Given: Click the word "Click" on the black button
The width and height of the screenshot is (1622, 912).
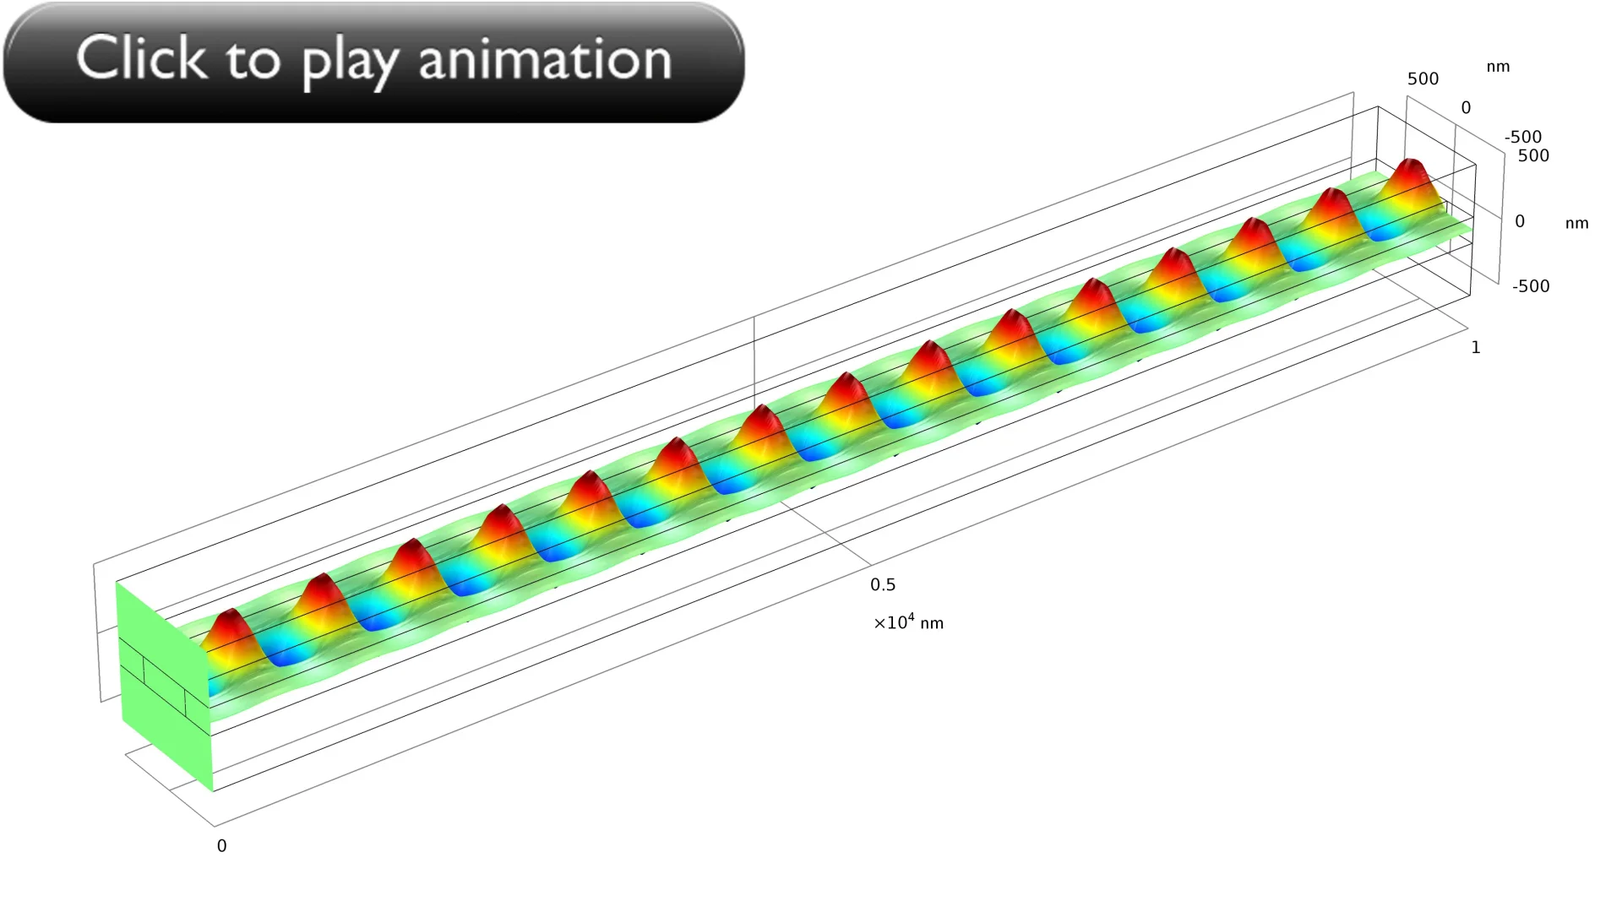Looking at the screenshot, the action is pyautogui.click(x=141, y=58).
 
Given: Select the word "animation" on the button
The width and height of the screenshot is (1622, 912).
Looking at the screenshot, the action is pyautogui.click(x=546, y=59).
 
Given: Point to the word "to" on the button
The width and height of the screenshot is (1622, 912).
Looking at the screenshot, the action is pyautogui.click(x=253, y=61).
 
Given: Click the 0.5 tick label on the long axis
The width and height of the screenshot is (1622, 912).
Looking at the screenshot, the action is pyautogui.click(x=883, y=584).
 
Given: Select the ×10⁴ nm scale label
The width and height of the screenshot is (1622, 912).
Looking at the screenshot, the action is pyautogui.click(x=908, y=622).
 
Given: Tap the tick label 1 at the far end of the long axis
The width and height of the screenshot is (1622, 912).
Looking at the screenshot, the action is pyautogui.click(x=1476, y=347).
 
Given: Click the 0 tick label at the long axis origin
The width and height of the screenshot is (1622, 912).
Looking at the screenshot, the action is pyautogui.click(x=221, y=845).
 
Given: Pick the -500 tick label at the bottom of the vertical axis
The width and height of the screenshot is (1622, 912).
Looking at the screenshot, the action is pyautogui.click(x=1531, y=285).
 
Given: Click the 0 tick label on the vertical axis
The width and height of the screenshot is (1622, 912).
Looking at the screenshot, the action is pyautogui.click(x=1520, y=221).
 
